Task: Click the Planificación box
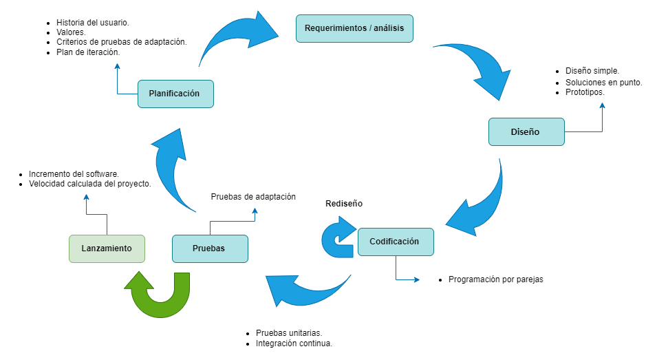pos(175,94)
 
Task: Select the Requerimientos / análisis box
pos(354,29)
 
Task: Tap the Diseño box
pos(526,131)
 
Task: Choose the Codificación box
pos(396,242)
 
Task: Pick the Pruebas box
pos(210,248)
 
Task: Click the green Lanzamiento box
pos(107,248)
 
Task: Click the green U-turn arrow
pos(160,296)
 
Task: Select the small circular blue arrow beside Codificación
pos(338,238)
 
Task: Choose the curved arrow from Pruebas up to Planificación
pos(172,172)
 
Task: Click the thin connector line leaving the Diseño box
pos(585,131)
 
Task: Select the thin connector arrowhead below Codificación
pos(416,279)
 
